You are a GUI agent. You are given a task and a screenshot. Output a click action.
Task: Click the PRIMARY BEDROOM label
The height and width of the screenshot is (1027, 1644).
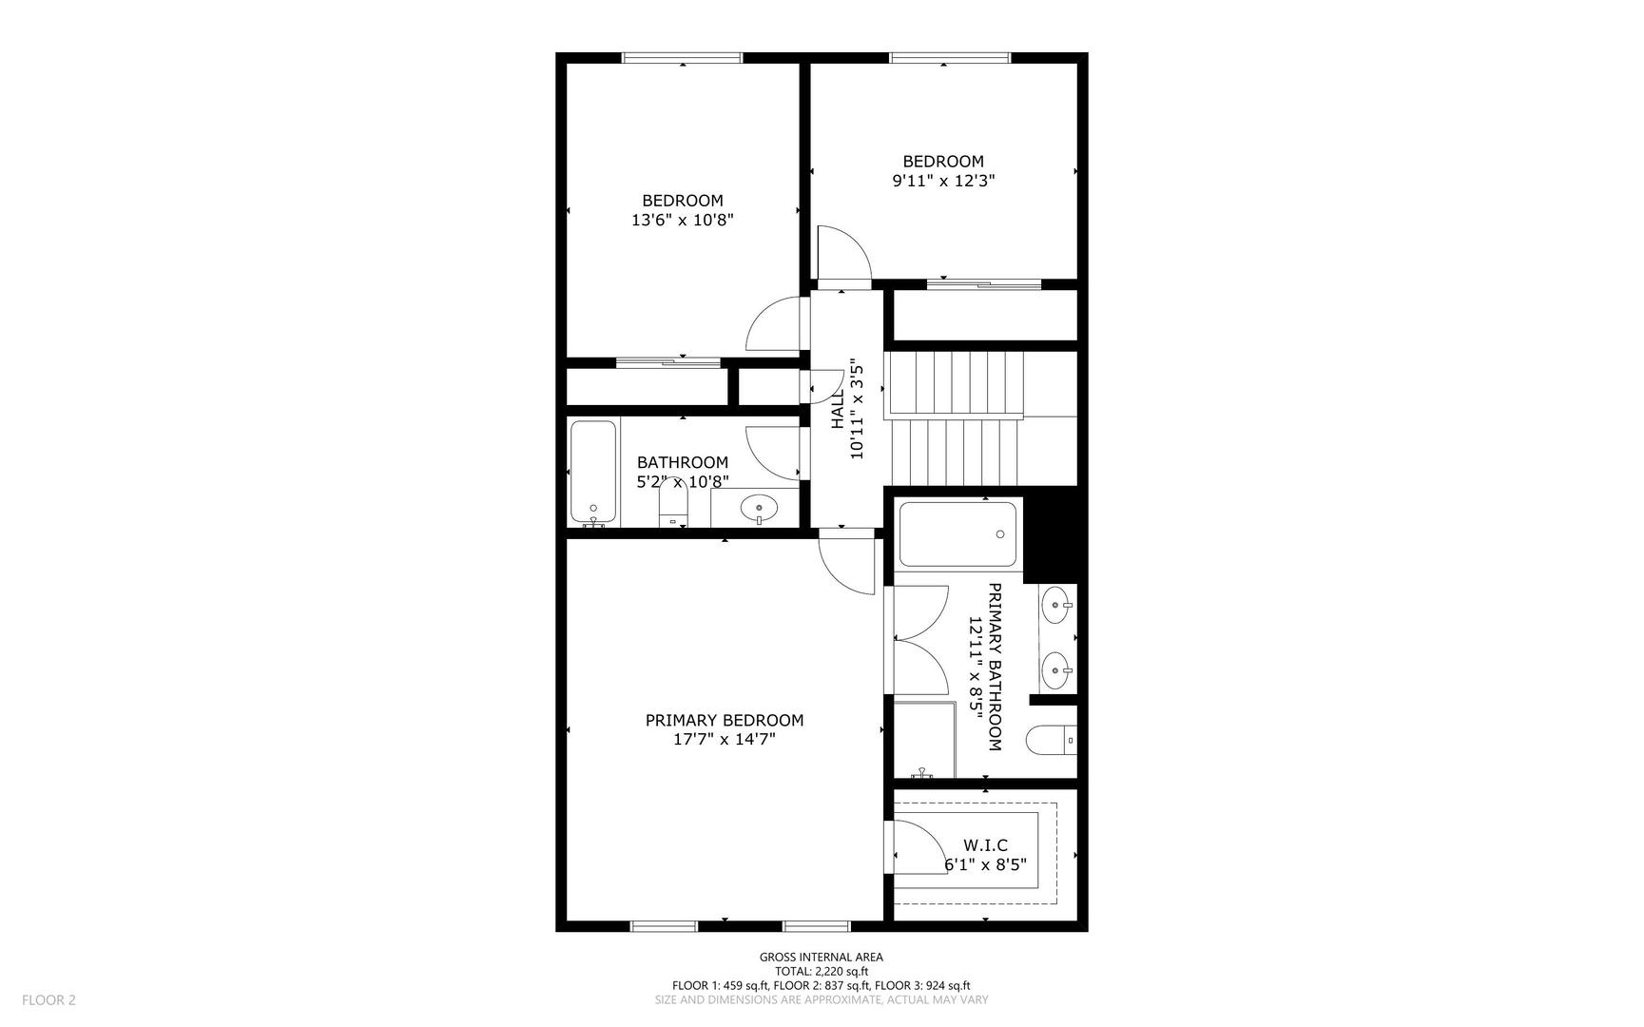pos(724,721)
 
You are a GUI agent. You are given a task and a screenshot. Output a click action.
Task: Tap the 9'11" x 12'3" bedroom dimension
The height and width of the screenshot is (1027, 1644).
pos(943,181)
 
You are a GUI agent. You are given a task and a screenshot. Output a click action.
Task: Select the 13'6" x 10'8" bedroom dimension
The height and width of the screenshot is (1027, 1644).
pos(683,220)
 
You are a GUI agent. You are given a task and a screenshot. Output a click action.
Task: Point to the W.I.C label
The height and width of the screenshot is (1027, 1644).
pos(985,845)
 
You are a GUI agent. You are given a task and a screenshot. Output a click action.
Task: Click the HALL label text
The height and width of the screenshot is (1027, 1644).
pos(838,409)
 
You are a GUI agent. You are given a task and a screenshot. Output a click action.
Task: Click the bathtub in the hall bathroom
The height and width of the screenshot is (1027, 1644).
pos(594,473)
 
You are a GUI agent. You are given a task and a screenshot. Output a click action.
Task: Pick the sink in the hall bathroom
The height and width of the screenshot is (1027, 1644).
pos(759,507)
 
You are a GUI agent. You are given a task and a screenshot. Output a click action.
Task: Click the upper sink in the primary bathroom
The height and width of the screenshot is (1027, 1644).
pos(1056,604)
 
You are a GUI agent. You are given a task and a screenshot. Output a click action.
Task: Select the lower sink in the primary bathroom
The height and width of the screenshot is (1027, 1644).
pos(1056,670)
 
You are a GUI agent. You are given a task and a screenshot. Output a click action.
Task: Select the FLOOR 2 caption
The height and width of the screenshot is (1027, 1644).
pos(48,999)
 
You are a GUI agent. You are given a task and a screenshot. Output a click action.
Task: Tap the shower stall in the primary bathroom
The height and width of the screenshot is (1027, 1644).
pos(924,740)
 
